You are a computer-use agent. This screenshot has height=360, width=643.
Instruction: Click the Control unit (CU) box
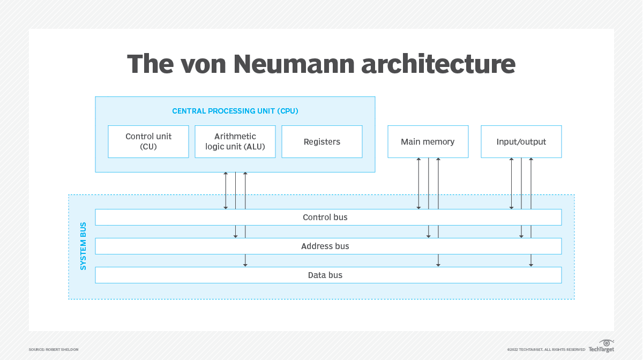[148, 141]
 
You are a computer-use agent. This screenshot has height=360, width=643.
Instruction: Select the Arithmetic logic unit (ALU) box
[235, 141]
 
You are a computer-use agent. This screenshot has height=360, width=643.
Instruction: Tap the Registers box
[322, 141]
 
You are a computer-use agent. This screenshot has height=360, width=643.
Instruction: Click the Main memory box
[428, 141]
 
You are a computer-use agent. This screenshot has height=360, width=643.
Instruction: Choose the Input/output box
[521, 141]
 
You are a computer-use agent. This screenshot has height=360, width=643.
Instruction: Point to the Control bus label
[325, 217]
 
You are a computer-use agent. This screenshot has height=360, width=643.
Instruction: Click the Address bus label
[325, 246]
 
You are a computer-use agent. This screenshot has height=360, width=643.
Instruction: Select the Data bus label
[325, 275]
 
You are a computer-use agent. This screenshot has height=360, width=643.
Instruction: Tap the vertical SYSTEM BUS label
[83, 246]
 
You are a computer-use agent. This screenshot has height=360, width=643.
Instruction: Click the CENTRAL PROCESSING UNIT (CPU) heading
[235, 111]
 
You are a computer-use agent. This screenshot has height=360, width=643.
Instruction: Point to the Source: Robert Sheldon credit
[54, 349]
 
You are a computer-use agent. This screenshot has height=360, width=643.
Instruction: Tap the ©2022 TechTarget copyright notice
[546, 349]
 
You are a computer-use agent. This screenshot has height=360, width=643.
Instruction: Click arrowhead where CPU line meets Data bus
[245, 264]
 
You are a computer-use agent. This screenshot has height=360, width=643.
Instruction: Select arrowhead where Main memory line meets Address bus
[428, 235]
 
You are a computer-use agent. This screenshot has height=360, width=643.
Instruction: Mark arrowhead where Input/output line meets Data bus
[531, 264]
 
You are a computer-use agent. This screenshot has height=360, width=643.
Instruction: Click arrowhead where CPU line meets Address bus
[235, 235]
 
